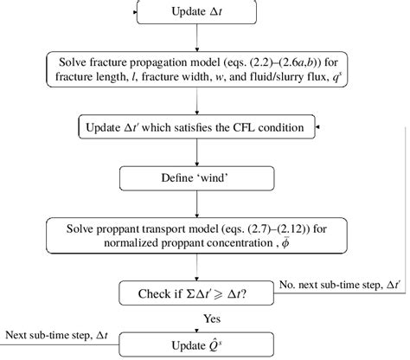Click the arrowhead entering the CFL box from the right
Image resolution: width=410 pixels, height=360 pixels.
(321, 128)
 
